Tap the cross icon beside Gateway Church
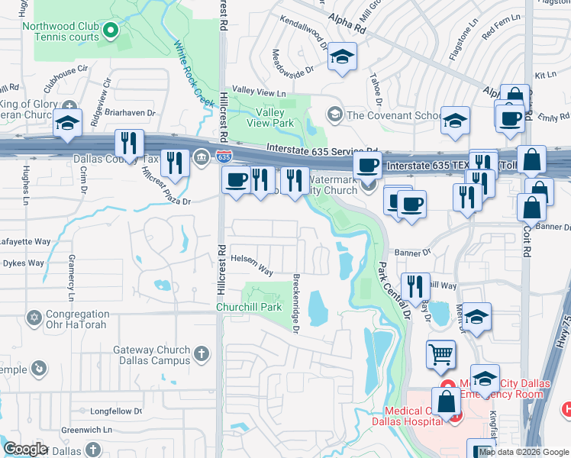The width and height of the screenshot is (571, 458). click(x=202, y=353)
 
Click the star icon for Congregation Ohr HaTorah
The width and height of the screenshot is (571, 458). click(x=33, y=317)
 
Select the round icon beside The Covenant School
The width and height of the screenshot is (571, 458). click(x=334, y=115)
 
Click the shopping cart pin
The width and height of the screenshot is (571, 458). click(x=440, y=353)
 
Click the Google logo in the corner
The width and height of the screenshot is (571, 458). click(x=24, y=449)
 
